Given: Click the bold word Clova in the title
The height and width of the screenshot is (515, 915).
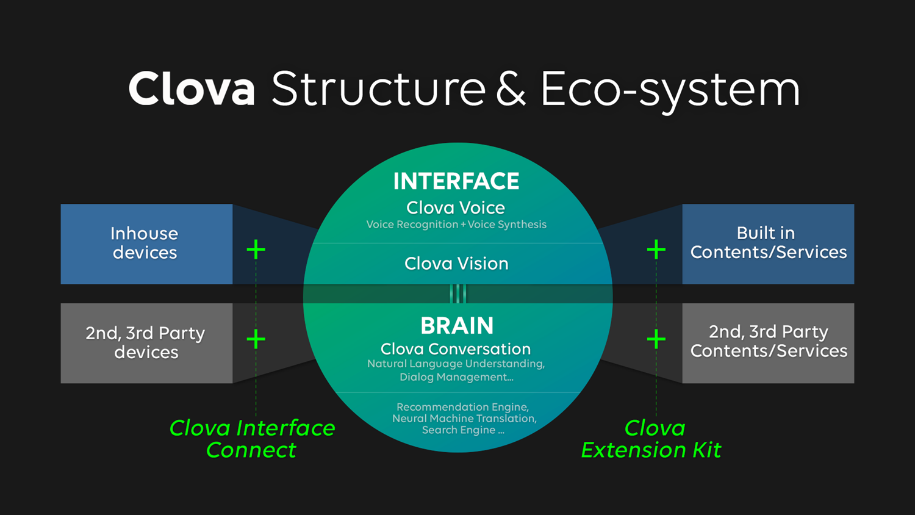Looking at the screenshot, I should (192, 89).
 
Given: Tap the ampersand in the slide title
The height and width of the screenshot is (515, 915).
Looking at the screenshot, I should (511, 89).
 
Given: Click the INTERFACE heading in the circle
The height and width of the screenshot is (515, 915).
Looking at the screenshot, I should (456, 181).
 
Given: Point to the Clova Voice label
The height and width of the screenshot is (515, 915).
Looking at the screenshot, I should (456, 207).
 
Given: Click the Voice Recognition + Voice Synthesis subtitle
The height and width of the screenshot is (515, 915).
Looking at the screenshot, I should (456, 225).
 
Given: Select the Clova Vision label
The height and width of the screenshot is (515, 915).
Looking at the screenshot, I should (456, 264).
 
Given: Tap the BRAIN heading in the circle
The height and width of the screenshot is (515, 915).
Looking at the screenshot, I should (457, 326).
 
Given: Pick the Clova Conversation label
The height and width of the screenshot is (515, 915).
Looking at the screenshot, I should (456, 349).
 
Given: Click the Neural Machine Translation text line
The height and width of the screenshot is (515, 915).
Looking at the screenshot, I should (464, 419).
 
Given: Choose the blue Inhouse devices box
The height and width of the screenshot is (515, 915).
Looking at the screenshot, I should (146, 243).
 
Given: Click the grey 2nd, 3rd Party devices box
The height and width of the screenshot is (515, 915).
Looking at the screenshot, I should (146, 343).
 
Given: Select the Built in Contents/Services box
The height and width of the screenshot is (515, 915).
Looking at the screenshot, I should (768, 243).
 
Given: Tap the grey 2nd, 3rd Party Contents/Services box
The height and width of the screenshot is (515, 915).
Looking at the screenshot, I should (768, 342).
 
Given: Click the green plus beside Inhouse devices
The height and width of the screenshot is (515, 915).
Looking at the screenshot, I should (256, 249).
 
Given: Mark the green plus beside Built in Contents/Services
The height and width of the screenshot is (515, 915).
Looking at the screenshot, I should (656, 249).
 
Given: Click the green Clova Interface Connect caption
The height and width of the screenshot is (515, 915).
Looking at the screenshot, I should (252, 439).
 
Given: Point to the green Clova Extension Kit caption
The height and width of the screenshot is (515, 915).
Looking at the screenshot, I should (651, 439).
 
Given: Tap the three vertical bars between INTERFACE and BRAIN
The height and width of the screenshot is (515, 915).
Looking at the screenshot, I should (457, 294).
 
